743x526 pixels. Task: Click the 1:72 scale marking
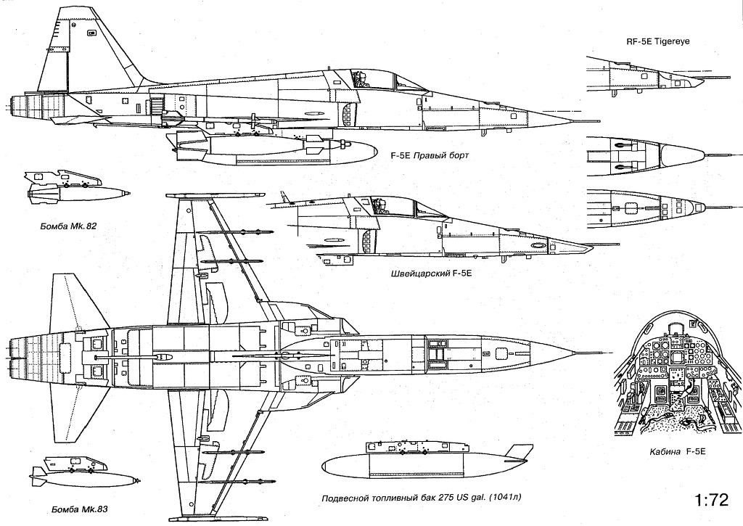click(710, 500)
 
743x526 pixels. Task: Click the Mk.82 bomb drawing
click(76, 190)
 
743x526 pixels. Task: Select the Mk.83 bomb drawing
click(86, 474)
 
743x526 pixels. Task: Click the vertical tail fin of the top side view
click(80, 51)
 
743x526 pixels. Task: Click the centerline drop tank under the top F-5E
click(276, 150)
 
